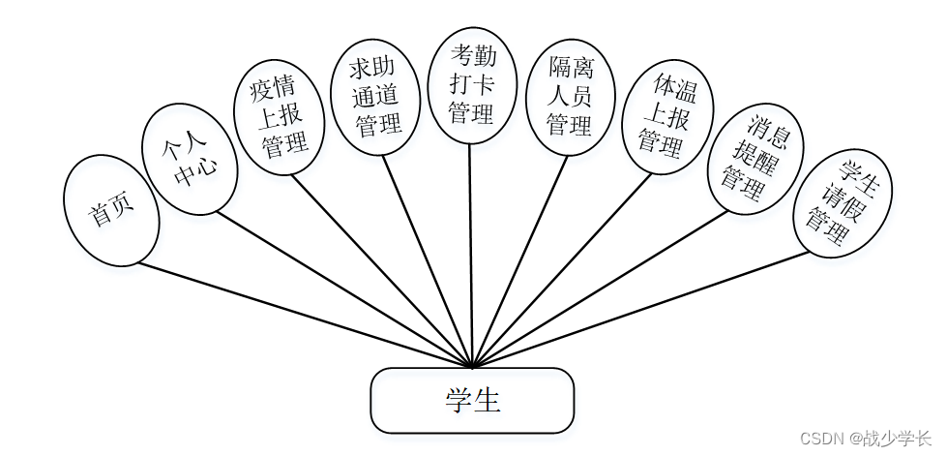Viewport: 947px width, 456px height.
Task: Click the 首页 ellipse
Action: coord(110,211)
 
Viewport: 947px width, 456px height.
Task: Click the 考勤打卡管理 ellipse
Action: coord(472,86)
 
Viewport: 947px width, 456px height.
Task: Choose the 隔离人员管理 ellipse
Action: coord(569,97)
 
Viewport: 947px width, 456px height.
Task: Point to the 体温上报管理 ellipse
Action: coord(667,118)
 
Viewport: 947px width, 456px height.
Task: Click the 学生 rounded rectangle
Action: coord(472,400)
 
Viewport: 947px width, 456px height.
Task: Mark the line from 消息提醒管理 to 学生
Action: coord(600,289)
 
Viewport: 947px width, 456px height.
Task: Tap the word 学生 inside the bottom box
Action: coord(473,400)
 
